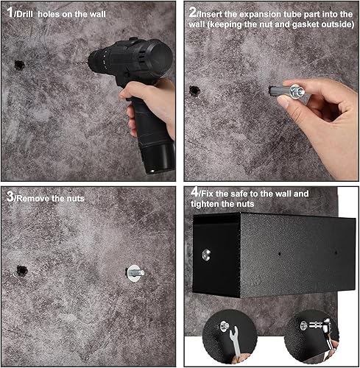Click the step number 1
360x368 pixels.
click(x=7, y=13)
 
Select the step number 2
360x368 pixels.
click(x=193, y=13)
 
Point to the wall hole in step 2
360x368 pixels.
click(x=194, y=91)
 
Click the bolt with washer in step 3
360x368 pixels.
click(x=135, y=272)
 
